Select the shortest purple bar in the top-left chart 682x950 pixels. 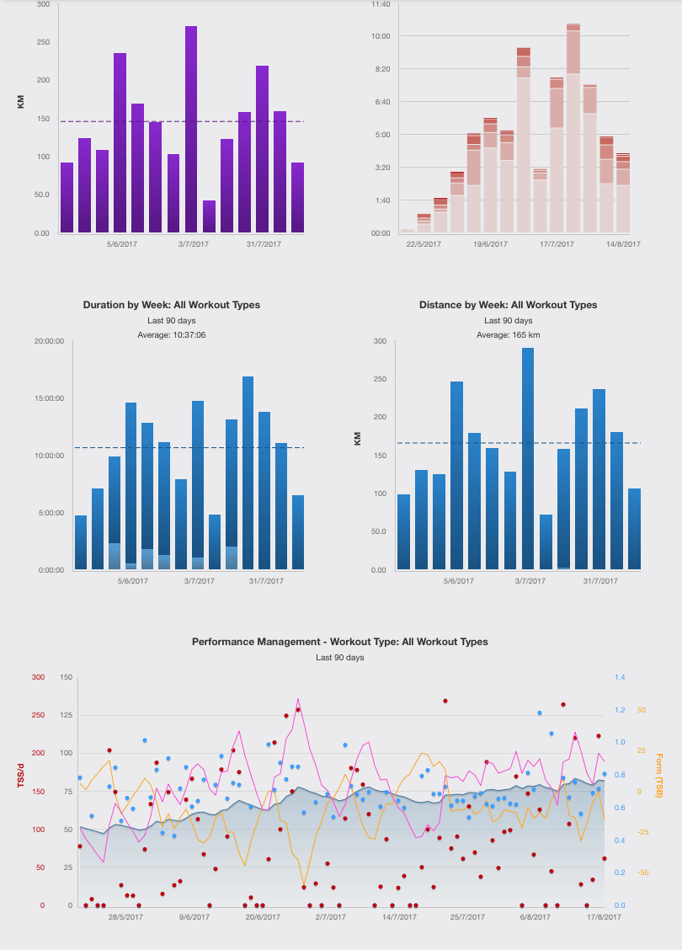click(x=209, y=216)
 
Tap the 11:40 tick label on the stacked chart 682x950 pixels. click(x=381, y=4)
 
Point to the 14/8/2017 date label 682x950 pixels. click(x=623, y=244)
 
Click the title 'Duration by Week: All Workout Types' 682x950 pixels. click(x=171, y=305)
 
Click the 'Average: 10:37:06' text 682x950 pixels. click(x=171, y=335)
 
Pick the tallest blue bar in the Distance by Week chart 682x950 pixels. click(x=528, y=459)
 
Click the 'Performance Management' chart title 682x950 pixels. click(x=340, y=642)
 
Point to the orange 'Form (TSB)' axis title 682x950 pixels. click(x=659, y=776)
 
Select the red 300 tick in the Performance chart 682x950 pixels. click(x=39, y=676)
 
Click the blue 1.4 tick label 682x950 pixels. click(x=620, y=676)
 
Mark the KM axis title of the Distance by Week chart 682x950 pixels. click(x=358, y=439)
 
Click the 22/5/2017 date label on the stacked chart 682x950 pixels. click(x=424, y=244)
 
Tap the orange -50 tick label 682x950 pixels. click(x=644, y=873)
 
